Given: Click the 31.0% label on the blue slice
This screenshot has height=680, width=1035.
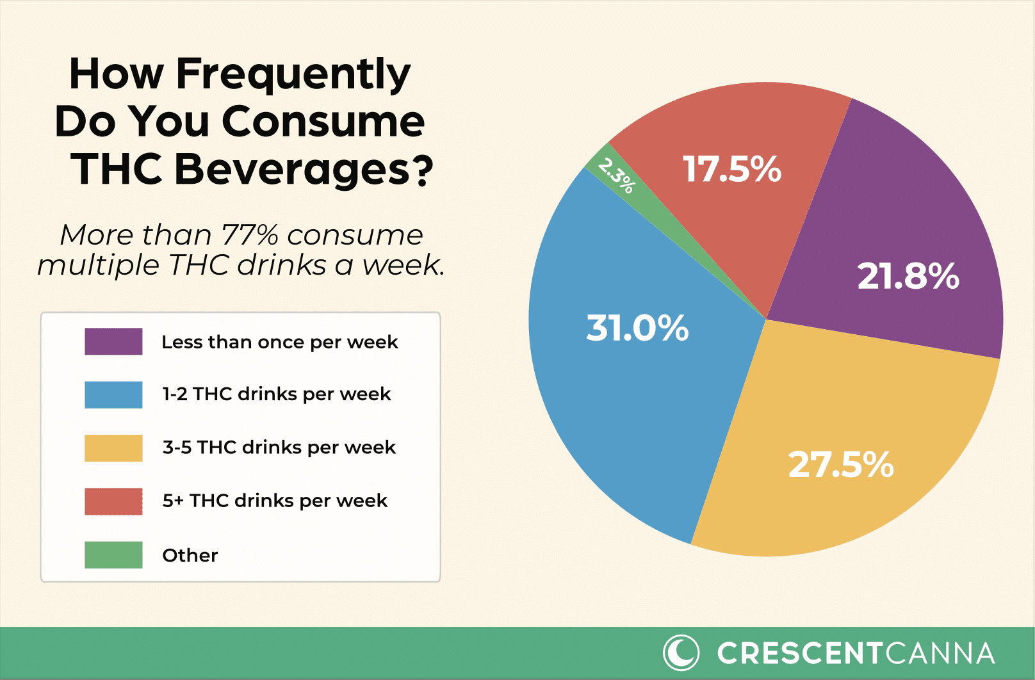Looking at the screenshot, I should click(x=637, y=328).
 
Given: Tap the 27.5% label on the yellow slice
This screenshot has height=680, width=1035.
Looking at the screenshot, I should click(x=840, y=464).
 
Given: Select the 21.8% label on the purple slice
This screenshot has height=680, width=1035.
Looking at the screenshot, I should click(x=908, y=277).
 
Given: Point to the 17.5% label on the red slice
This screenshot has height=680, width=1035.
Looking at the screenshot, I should click(x=732, y=170).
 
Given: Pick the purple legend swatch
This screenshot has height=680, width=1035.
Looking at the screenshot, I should click(x=113, y=341).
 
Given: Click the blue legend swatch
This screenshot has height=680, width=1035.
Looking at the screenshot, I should click(x=113, y=394).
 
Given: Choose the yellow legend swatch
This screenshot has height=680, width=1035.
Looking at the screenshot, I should click(x=113, y=448).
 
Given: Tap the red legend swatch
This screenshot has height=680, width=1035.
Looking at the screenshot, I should click(x=113, y=501).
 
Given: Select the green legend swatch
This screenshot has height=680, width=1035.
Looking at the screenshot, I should click(x=113, y=555).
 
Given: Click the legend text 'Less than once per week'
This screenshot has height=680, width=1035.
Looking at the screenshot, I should click(x=279, y=342).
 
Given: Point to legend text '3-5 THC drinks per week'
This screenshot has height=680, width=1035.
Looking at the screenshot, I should click(x=279, y=447).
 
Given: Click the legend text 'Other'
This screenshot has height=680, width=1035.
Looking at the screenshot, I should click(x=190, y=555).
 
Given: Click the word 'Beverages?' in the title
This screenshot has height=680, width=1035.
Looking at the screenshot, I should click(x=304, y=169).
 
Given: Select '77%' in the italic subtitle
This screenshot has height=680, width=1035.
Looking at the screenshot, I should click(x=250, y=235).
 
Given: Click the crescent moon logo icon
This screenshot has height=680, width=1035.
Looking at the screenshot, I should click(x=681, y=652).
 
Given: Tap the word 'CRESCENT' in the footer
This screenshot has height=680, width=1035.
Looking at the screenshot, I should click(x=801, y=654).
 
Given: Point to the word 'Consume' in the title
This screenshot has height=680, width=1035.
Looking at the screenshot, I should click(x=323, y=122).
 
